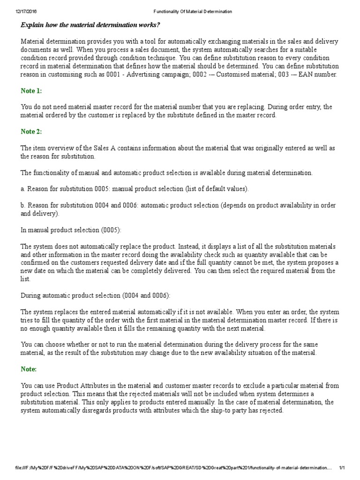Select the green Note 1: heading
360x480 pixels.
click(x=31, y=90)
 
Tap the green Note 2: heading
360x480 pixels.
click(x=31, y=132)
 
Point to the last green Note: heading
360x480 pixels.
click(x=29, y=369)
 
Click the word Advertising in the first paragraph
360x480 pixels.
click(x=174, y=75)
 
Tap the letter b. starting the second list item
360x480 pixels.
click(x=23, y=206)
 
